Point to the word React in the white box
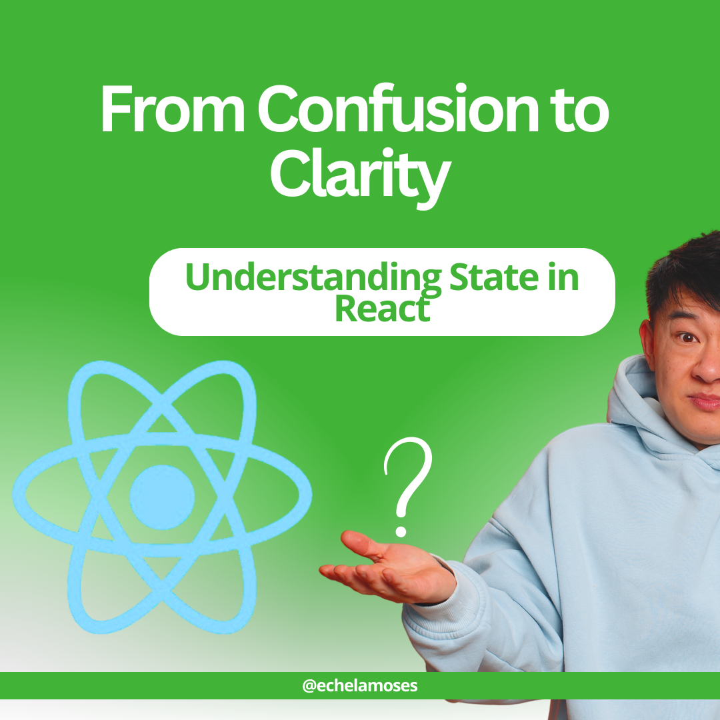[381, 308]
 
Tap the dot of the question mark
[401, 531]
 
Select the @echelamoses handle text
[360, 685]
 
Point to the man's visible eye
[686, 339]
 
